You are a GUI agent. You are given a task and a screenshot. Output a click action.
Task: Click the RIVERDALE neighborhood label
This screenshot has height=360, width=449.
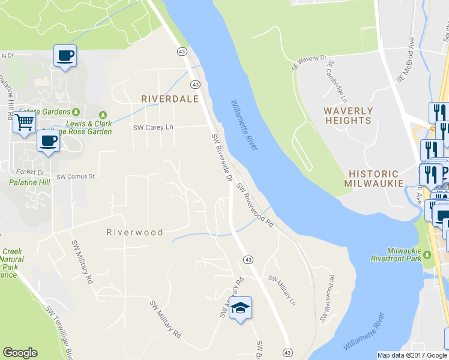tap(169, 99)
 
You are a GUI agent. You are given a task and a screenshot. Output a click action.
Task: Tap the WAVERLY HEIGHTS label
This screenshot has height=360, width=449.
tap(348, 116)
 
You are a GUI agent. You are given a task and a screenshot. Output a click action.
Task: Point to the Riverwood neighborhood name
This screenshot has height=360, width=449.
tap(134, 232)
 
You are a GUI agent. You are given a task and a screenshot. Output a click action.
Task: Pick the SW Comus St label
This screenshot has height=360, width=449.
tap(76, 177)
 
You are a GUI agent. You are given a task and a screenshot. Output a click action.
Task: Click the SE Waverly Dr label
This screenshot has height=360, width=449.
tap(309, 63)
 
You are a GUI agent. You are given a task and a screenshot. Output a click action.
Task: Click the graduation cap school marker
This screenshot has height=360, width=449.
tap(240, 308)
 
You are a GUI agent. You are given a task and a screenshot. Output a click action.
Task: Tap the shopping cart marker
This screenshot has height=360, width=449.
tap(24, 122)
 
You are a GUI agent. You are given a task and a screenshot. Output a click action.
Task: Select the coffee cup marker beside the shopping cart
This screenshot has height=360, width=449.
tap(48, 141)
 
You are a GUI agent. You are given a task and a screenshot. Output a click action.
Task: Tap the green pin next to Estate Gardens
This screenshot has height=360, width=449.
tap(76, 112)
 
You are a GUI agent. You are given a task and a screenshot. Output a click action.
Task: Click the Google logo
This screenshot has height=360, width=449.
tap(20, 353)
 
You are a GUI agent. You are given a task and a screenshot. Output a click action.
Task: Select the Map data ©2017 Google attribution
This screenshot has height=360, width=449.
tap(412, 355)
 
